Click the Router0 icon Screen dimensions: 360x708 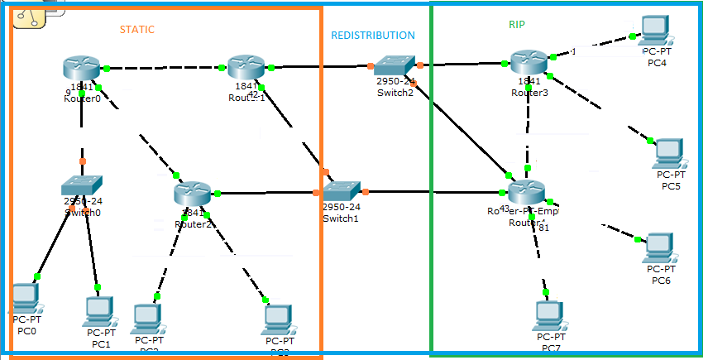tap(81, 68)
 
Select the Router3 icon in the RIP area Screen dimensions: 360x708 tap(528, 62)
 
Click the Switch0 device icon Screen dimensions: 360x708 tap(82, 185)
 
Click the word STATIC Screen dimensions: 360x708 tap(137, 29)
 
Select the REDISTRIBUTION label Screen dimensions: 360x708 tap(373, 36)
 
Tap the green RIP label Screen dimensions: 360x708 tap(516, 25)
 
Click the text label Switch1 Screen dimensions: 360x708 tap(341, 218)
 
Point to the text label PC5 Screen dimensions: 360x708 tap(671, 186)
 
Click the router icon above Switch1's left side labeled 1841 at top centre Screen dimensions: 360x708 tap(246, 68)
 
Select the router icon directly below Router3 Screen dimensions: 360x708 tap(527, 194)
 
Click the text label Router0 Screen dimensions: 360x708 tap(82, 98)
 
